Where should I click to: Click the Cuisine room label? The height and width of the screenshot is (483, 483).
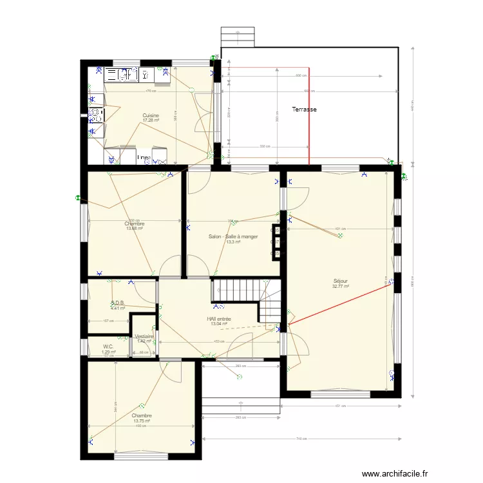(151, 115)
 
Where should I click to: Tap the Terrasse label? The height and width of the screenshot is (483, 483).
(304, 109)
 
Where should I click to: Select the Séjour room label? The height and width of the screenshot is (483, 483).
(341, 281)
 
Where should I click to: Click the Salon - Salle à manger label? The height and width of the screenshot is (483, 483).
(233, 236)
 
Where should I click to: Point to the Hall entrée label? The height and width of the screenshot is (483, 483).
(220, 319)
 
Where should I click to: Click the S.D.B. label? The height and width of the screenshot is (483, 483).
(117, 303)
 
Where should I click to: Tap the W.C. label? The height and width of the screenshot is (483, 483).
(108, 346)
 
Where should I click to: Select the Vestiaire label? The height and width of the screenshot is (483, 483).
(144, 336)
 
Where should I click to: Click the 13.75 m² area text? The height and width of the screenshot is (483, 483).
(142, 421)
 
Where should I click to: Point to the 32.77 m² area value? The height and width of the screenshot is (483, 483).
(341, 287)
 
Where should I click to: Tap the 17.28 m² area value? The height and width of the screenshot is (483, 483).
(151, 120)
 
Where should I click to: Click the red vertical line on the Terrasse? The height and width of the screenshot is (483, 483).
(308, 116)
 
